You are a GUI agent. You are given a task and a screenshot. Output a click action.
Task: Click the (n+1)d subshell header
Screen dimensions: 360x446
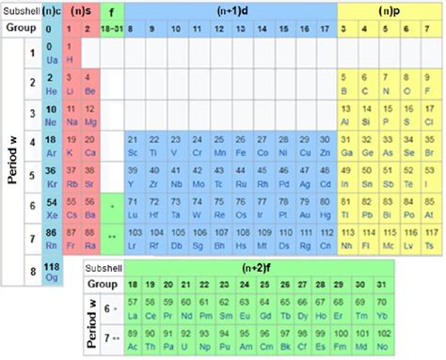230,10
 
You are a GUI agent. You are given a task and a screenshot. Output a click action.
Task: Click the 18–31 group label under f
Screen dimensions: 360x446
113,30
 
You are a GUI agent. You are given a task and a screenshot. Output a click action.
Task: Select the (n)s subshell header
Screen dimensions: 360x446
80,10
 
